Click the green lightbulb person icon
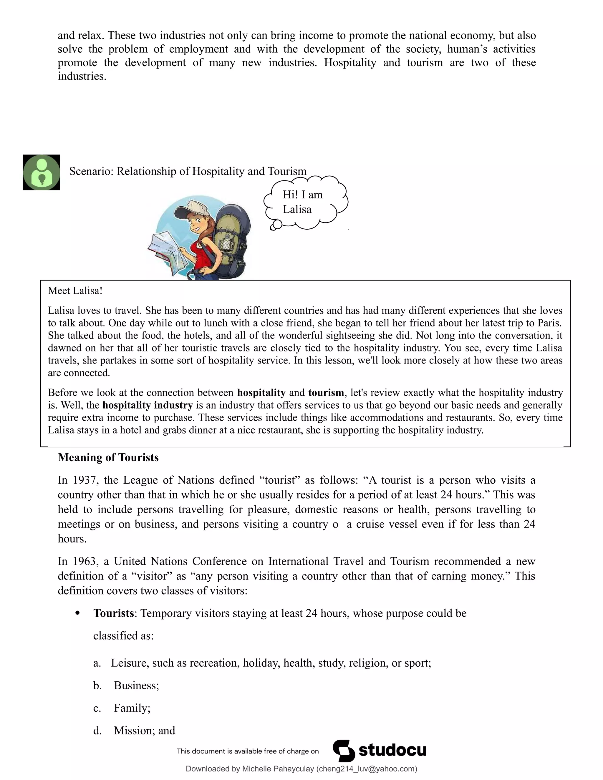[x=42, y=172]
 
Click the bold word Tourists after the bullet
[x=113, y=613]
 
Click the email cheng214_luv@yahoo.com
[x=367, y=769]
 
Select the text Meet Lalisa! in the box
[x=75, y=291]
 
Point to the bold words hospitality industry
[x=147, y=405]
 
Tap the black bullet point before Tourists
[x=77, y=613]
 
